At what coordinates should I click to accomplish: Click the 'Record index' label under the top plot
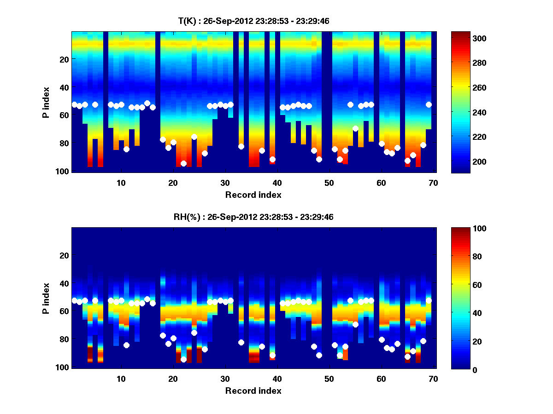(253, 195)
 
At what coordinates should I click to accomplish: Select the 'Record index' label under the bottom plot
(253, 391)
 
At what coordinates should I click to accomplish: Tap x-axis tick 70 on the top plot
(433, 183)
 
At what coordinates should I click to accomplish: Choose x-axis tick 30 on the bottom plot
(225, 379)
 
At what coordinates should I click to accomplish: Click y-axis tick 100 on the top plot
(64, 171)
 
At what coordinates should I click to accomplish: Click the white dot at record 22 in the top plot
(183, 163)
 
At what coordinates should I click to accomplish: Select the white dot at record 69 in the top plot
(429, 104)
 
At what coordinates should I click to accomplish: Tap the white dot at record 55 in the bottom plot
(355, 324)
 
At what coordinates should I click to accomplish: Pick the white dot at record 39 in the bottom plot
(272, 355)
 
